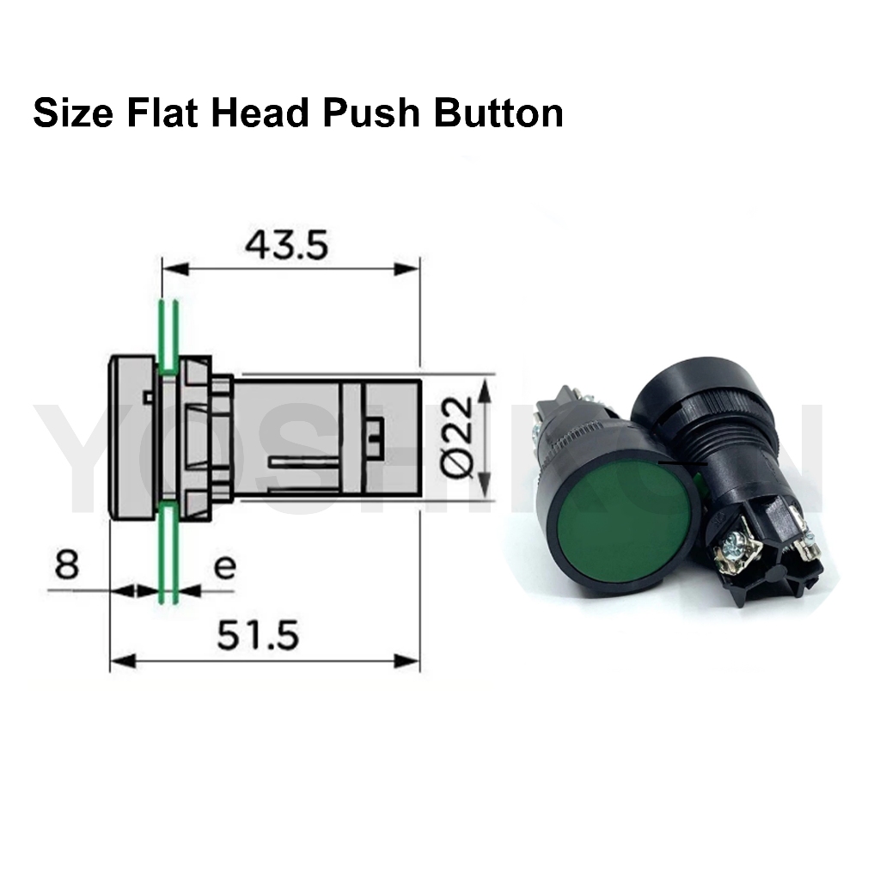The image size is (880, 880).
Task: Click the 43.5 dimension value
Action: [x=286, y=245]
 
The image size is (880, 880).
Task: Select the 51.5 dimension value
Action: [x=258, y=635]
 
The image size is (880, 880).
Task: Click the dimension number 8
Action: [x=67, y=564]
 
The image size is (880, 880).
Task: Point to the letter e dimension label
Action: [x=224, y=567]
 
